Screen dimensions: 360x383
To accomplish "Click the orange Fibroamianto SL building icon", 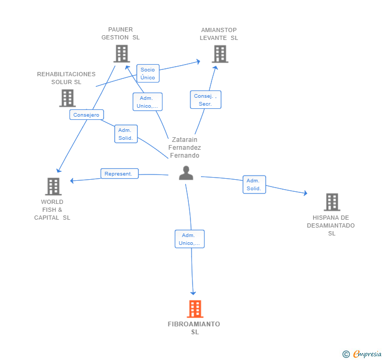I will point(195,309).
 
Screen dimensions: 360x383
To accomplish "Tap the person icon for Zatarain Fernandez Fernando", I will point(186,173).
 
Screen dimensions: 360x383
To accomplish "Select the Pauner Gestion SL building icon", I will point(122,54).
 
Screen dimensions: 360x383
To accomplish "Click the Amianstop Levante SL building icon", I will point(220,54).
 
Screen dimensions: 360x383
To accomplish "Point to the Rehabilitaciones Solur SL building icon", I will point(67,98).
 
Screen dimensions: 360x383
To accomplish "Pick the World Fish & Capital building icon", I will point(53,187).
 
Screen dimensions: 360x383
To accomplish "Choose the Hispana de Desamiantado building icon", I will point(331,202).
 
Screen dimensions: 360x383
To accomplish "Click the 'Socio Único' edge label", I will point(148,74).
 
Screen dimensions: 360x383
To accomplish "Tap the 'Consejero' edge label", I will point(86,115).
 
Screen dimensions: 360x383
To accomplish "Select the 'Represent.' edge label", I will point(119,173).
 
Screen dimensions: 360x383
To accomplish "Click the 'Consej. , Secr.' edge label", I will point(205,100).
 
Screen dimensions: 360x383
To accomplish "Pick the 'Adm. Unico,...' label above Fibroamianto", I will point(189,239).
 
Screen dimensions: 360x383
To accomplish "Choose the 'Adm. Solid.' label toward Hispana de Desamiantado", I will point(254,184).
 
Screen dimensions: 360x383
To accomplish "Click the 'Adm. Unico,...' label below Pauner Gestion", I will point(147,102).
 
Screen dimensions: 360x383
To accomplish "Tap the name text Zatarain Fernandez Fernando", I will point(184,148).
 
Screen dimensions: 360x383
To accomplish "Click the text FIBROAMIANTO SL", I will point(194,328).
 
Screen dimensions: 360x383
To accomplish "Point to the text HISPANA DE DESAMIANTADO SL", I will point(331,225).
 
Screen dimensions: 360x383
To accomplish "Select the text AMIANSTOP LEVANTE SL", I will point(219,34).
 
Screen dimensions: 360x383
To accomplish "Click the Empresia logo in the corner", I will point(362,354).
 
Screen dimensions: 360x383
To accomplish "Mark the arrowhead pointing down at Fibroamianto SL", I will point(193,293).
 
